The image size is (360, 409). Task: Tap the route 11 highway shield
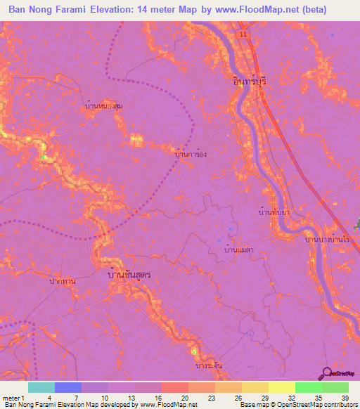tap(243, 34)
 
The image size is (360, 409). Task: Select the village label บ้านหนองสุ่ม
tap(103, 105)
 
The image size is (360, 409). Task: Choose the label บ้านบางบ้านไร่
tap(328, 240)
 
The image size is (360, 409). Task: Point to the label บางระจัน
tap(210, 366)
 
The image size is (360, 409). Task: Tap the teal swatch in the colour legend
tap(41, 387)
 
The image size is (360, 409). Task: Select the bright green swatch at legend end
tap(335, 387)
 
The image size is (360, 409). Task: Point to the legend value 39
tap(345, 397)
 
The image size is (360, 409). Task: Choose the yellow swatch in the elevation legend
tap(282, 387)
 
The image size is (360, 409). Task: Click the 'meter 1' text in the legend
tap(13, 397)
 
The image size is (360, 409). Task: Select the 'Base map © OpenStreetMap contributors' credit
tap(297, 405)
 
